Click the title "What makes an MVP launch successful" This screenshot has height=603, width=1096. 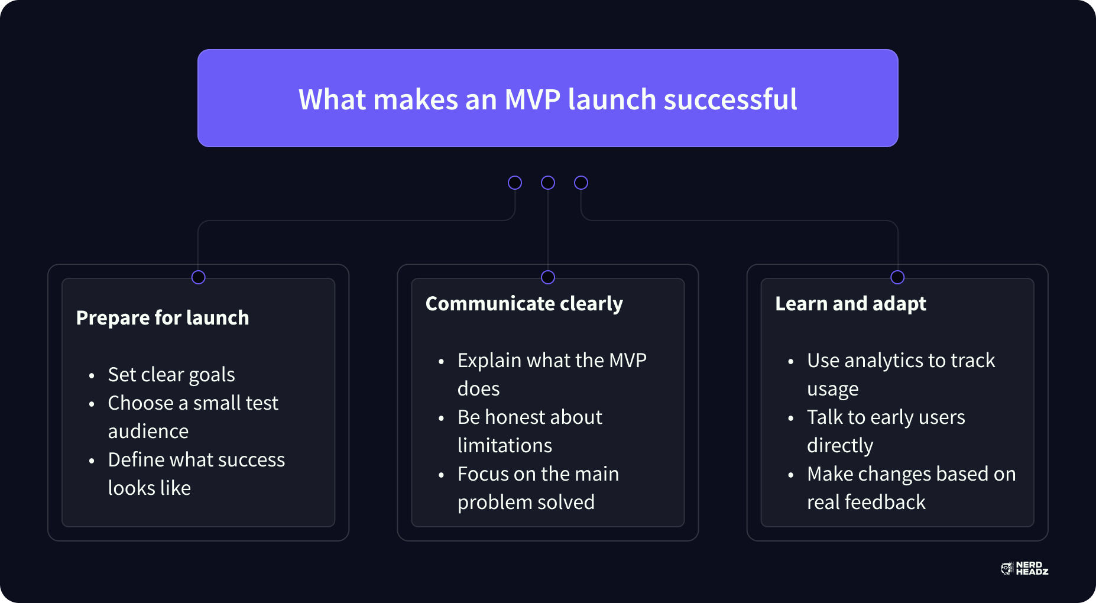(x=547, y=99)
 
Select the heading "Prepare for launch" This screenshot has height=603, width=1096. (x=163, y=318)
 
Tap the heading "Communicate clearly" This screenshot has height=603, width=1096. (x=524, y=304)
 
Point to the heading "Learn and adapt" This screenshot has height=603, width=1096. (x=851, y=304)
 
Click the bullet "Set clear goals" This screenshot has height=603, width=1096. (x=171, y=375)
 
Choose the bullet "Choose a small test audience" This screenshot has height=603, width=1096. (x=193, y=417)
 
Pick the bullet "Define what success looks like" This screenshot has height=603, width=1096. (x=196, y=474)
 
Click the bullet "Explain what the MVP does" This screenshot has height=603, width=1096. (x=552, y=375)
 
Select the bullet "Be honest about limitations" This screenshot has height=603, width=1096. (x=530, y=432)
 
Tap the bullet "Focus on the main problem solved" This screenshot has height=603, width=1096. (x=538, y=488)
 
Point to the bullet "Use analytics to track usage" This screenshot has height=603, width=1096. (x=901, y=375)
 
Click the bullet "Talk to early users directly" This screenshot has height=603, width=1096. (x=886, y=432)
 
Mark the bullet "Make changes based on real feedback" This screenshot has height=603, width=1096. (x=912, y=488)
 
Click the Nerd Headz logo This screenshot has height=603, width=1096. (x=1024, y=569)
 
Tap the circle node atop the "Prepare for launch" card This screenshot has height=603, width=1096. (x=199, y=277)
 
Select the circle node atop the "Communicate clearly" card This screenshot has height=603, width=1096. (x=548, y=277)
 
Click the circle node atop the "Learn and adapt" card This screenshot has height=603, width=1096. (x=897, y=277)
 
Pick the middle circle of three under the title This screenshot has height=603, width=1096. (x=548, y=183)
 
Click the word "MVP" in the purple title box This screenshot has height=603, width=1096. (x=532, y=99)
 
